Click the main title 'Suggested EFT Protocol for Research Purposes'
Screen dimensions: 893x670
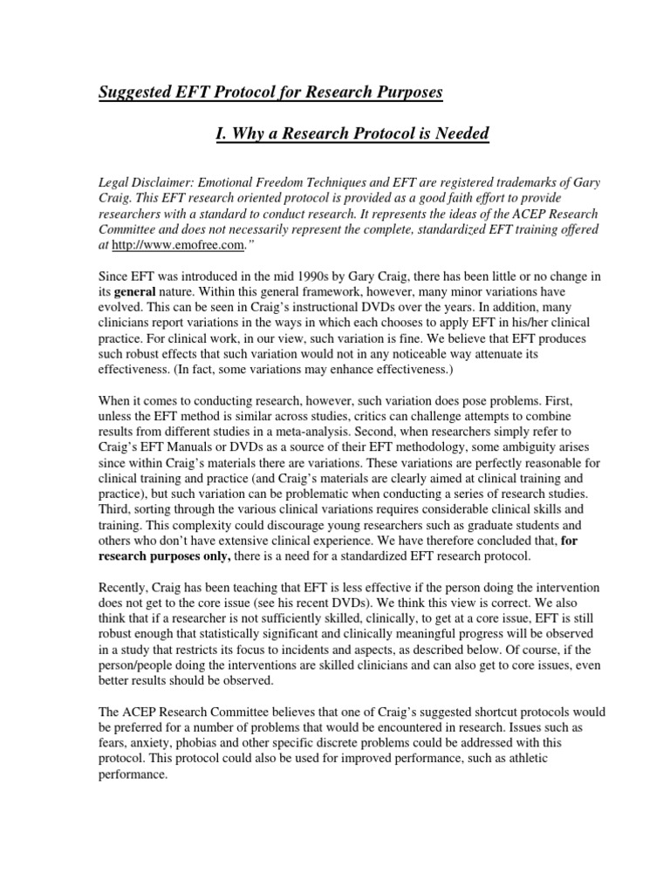(283, 92)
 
